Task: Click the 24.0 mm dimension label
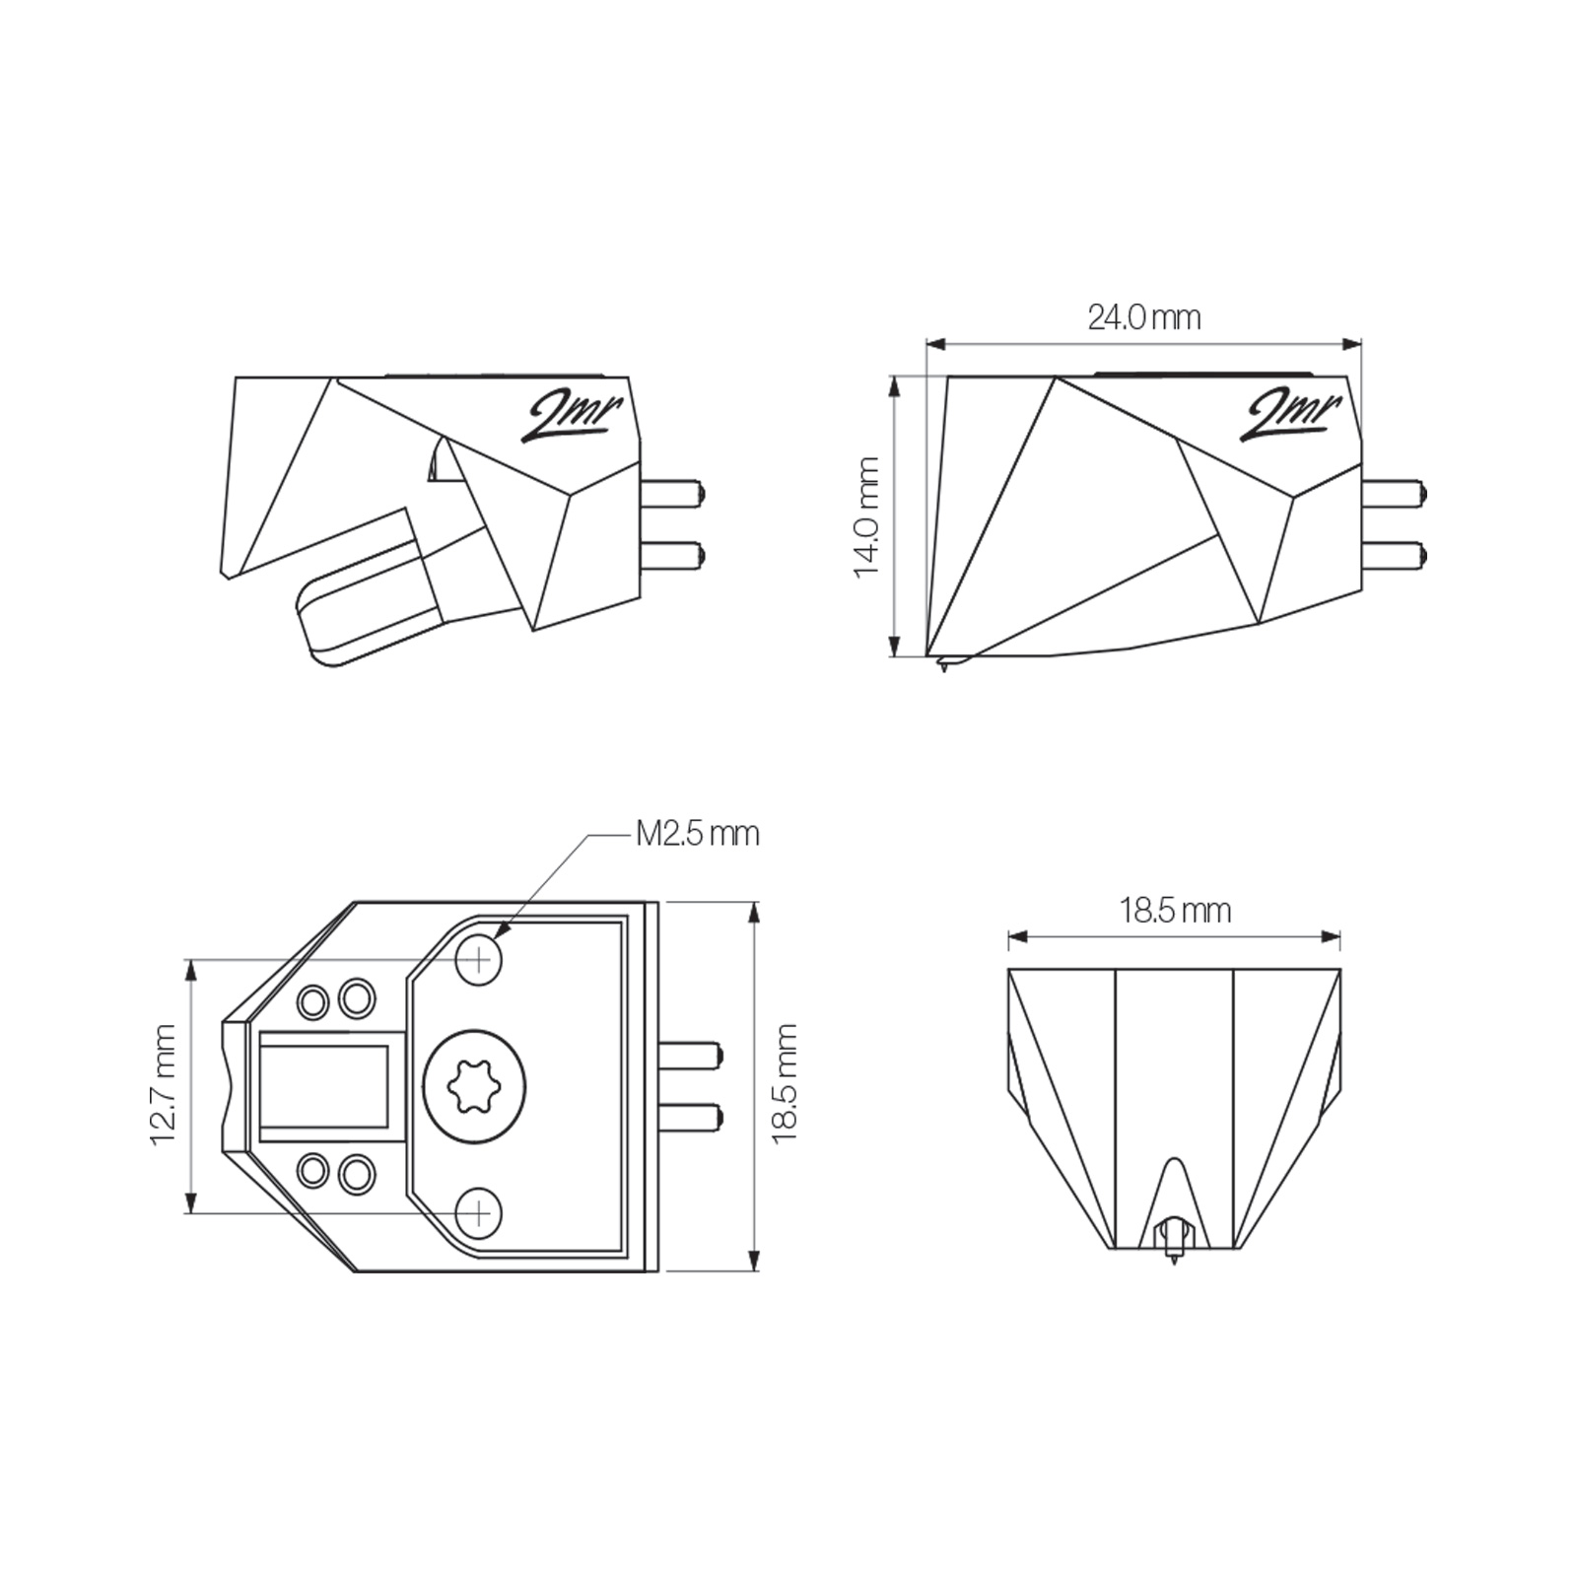(1143, 317)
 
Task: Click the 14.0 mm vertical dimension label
(866, 516)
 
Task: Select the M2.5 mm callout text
(697, 834)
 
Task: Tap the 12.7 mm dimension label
(163, 1084)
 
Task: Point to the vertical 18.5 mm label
(785, 1083)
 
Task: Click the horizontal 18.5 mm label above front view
(1174, 910)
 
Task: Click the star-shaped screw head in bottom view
(474, 1087)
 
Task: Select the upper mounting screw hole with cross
(479, 957)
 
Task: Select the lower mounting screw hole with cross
(479, 1212)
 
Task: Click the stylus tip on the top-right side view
(943, 668)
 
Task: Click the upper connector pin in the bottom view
(693, 1056)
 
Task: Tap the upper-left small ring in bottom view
(313, 1002)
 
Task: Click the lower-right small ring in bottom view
(356, 1173)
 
